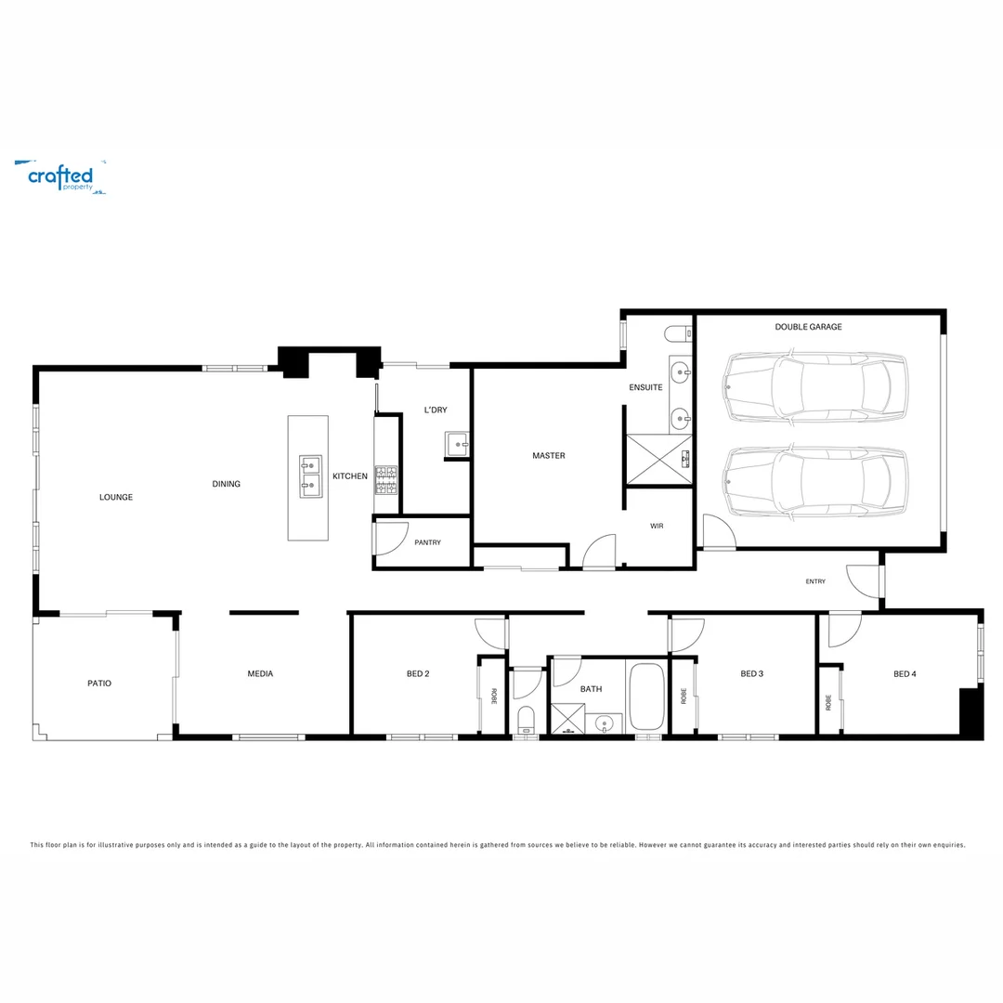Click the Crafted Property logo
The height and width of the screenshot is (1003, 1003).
click(x=60, y=177)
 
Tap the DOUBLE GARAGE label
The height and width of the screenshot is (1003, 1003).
click(x=808, y=327)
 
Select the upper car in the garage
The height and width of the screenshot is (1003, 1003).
click(x=815, y=387)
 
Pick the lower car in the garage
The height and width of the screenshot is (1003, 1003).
click(x=815, y=480)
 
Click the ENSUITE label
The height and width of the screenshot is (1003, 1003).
click(x=645, y=387)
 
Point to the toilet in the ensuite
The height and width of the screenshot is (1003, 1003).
click(x=678, y=333)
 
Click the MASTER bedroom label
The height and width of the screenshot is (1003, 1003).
click(x=549, y=456)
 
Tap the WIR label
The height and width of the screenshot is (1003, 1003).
click(x=657, y=526)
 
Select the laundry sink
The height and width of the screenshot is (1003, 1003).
click(x=457, y=444)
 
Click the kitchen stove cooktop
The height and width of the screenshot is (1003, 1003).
click(x=385, y=480)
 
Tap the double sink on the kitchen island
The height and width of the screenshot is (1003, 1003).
click(x=310, y=476)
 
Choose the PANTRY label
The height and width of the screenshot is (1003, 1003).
click(x=427, y=542)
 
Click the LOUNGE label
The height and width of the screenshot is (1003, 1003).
click(x=116, y=497)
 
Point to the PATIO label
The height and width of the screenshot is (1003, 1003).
click(x=99, y=684)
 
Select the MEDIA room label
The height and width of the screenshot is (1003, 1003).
click(x=260, y=673)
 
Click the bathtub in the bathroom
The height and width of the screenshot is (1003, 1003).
click(x=646, y=697)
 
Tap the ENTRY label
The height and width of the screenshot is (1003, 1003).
click(x=815, y=581)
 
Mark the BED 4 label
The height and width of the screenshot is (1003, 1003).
click(x=905, y=674)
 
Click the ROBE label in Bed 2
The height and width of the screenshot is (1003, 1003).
click(x=494, y=696)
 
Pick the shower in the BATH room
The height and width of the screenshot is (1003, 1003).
click(x=568, y=718)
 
